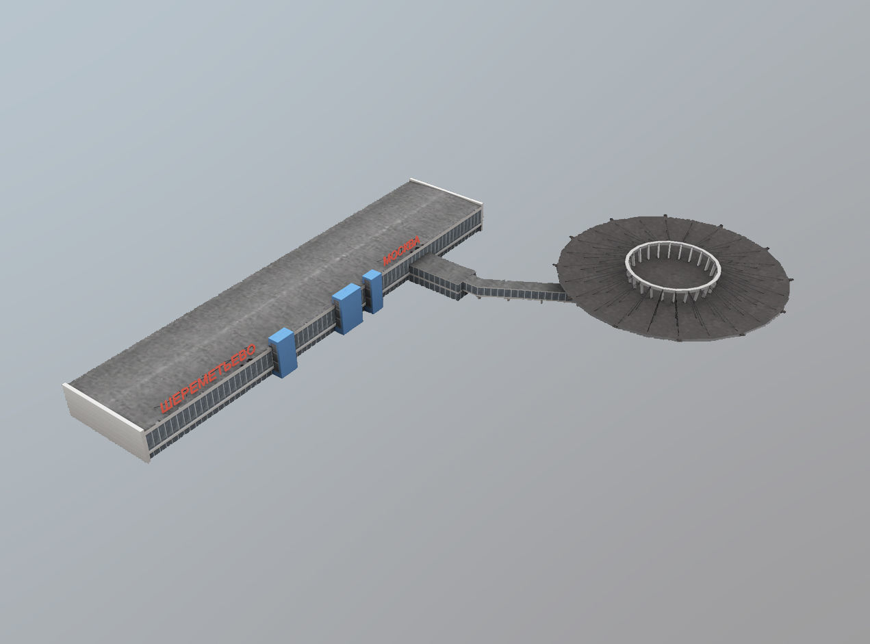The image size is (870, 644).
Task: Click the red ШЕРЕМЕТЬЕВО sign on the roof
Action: pos(207,378)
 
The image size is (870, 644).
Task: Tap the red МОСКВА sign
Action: pos(400,251)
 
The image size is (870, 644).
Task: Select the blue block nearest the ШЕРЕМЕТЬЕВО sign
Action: pos(283,352)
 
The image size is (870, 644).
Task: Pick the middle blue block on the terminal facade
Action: pos(347,309)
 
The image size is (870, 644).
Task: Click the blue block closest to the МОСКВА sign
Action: pos(372,291)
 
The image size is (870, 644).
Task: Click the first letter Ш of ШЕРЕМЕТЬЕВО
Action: pos(165,406)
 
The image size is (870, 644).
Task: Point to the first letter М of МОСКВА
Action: pos(387,259)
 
